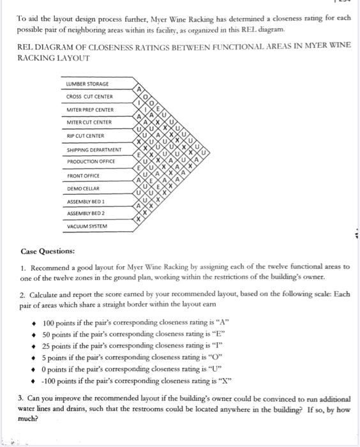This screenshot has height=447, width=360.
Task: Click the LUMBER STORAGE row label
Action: pyautogui.click(x=87, y=84)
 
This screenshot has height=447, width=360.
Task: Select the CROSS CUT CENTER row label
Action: pyautogui.click(x=89, y=97)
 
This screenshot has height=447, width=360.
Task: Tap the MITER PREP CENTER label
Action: pyautogui.click(x=90, y=110)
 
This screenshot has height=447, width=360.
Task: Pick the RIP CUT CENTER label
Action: pyautogui.click(x=85, y=136)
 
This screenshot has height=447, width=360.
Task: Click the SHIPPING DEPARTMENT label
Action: pyautogui.click(x=94, y=149)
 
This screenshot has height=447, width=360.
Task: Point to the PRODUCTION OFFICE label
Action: pyautogui.click(x=91, y=162)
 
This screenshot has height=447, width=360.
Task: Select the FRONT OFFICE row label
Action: pyautogui.click(x=83, y=176)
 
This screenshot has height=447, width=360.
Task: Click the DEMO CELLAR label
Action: pyautogui.click(x=83, y=188)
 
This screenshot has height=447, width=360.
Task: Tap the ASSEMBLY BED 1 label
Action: pyautogui.click(x=86, y=202)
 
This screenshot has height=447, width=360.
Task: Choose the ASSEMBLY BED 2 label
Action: pyautogui.click(x=86, y=213)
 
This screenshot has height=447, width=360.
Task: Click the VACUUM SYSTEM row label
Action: pyautogui.click(x=87, y=226)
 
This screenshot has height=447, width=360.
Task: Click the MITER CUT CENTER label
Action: pyautogui.click(x=89, y=122)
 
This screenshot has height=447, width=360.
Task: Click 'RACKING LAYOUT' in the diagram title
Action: pyautogui.click(x=53, y=57)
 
